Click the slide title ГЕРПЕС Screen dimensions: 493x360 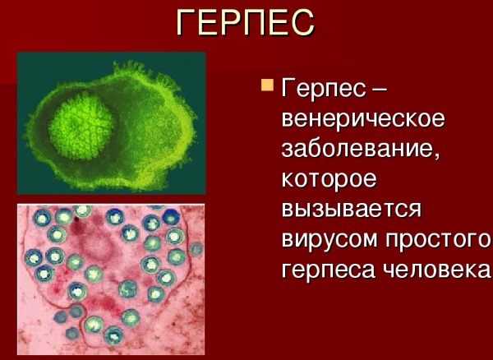pyautogui.click(x=245, y=22)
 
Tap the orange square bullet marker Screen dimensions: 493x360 pyautogui.click(x=267, y=85)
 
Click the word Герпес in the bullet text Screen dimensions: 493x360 pyautogui.click(x=324, y=90)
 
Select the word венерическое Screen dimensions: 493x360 pyautogui.click(x=363, y=119)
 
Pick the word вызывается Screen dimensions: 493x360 pyautogui.click(x=351, y=209)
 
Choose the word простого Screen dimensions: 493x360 pyautogui.click(x=438, y=239)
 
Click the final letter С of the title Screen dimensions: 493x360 pyautogui.click(x=302, y=23)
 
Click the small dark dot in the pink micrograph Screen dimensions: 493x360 pyautogui.click(x=76, y=218)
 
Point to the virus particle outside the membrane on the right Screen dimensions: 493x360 pyautogui.click(x=196, y=249)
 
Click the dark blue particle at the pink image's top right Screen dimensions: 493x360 pyautogui.click(x=172, y=217)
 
